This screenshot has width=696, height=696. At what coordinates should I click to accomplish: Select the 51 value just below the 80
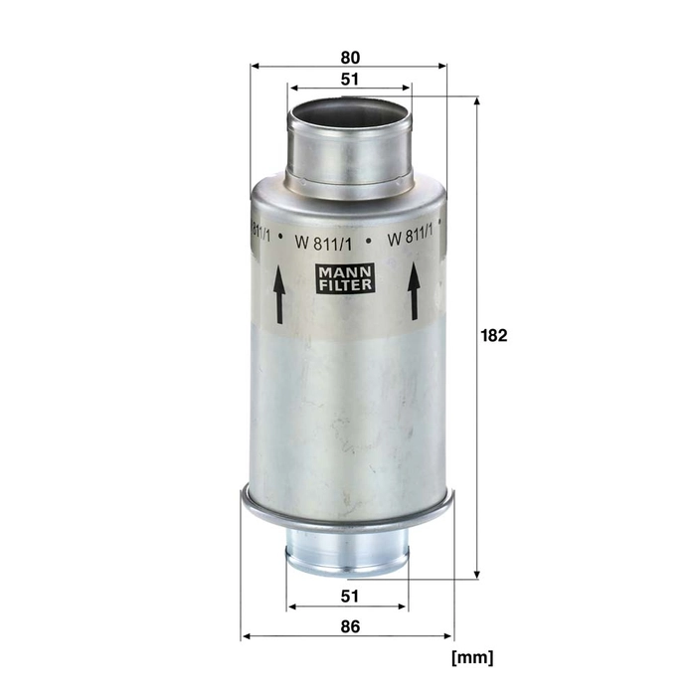[349, 79]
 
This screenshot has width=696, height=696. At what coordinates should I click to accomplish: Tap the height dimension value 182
[494, 336]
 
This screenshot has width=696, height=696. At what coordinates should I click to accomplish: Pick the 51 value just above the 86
[349, 596]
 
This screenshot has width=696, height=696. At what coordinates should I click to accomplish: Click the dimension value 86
[349, 626]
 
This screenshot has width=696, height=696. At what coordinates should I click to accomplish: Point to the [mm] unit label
[471, 657]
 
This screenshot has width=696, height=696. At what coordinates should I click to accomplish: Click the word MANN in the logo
[346, 269]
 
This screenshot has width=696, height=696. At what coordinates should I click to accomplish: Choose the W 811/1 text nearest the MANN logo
[322, 238]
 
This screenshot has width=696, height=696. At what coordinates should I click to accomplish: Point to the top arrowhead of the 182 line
[477, 100]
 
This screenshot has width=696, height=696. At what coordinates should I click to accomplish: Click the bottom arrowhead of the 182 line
[477, 574]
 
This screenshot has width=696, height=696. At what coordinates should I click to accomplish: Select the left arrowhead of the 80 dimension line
[255, 67]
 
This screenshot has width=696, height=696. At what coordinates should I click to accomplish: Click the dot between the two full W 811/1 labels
[369, 240]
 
